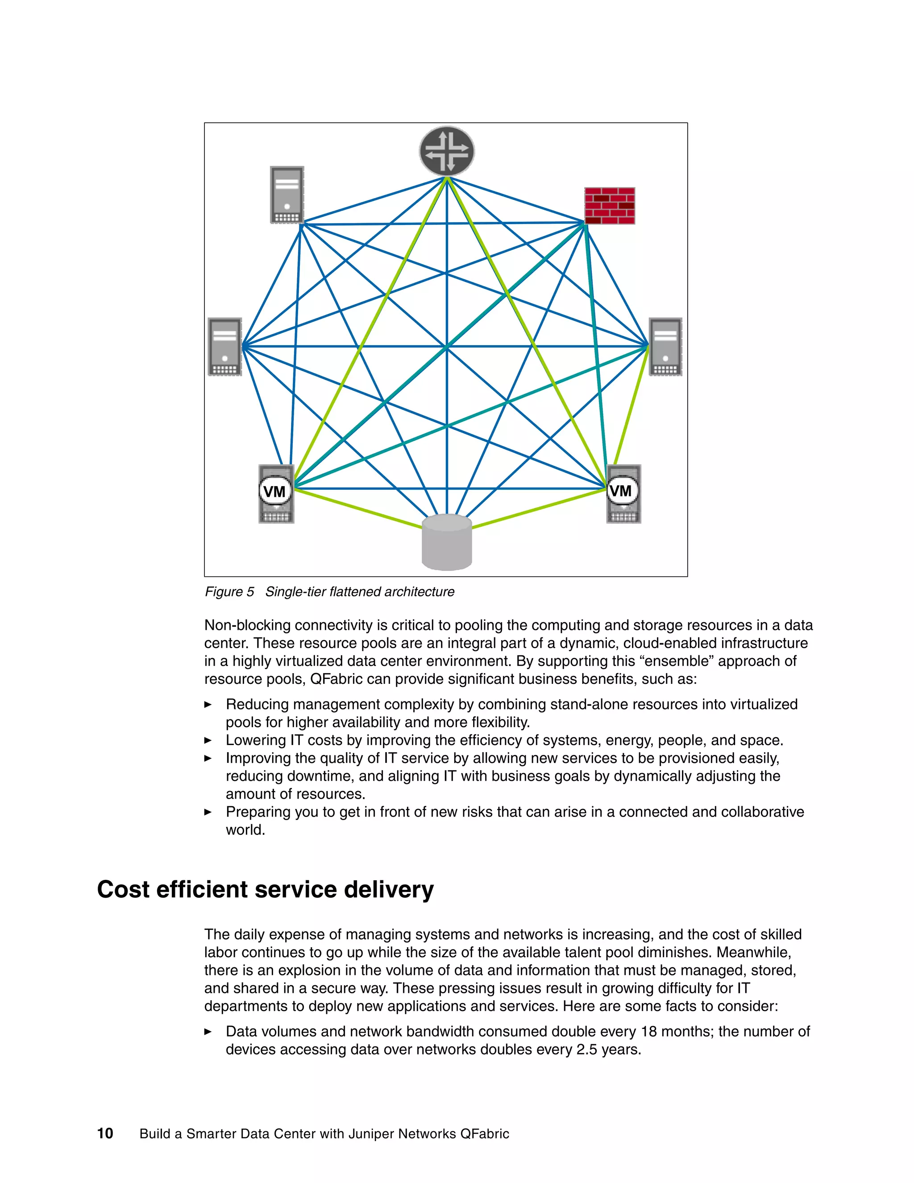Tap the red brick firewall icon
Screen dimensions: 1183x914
coord(610,206)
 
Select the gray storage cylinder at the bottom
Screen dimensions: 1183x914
coord(447,542)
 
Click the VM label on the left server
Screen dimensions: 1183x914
coord(274,492)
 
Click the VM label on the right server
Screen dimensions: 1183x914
coord(620,491)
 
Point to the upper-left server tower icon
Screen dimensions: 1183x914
coord(287,195)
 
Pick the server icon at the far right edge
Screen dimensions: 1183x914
coord(665,347)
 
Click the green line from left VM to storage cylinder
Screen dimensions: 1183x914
coord(357,508)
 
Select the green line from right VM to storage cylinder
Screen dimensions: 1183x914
coord(539,508)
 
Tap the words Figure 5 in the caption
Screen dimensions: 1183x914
coord(229,591)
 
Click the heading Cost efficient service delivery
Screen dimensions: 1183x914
coord(266,889)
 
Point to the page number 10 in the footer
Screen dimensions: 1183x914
coord(105,1133)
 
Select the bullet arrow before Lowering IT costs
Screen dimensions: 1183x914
coord(208,741)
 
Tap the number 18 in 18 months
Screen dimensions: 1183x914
coord(648,1031)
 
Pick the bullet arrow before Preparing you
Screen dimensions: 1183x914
coord(208,812)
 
